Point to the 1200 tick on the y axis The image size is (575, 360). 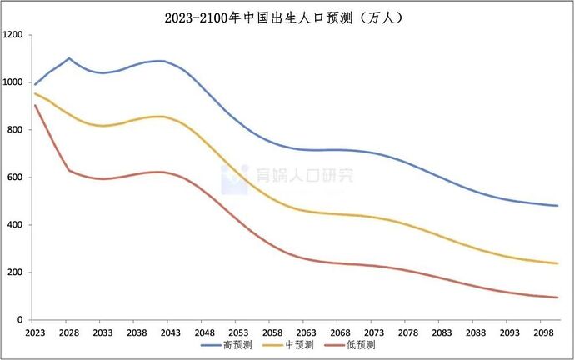click(14, 35)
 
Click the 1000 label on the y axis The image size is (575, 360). click(14, 82)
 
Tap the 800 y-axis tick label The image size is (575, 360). click(17, 130)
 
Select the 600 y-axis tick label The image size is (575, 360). click(17, 177)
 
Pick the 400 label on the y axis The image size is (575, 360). click(17, 225)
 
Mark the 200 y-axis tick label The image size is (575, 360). click(17, 272)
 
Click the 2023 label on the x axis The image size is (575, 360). click(35, 332)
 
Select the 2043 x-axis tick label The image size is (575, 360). click(169, 332)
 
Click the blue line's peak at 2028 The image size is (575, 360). click(69, 58)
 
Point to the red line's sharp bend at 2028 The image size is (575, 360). click(69, 170)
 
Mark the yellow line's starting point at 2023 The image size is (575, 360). click(35, 93)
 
